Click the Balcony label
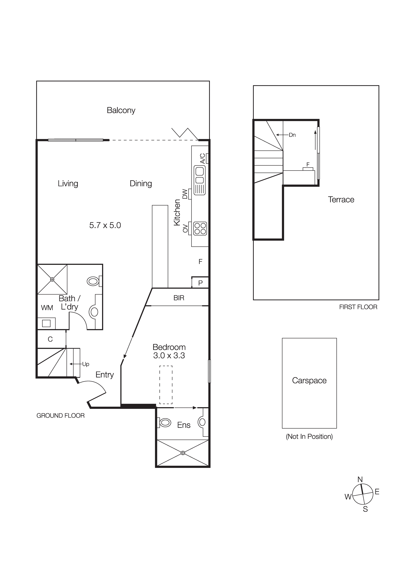tap(121, 110)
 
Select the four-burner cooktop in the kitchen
tap(200, 229)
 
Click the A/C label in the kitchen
tap(202, 159)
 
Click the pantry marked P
tap(200, 283)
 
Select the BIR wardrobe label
tap(179, 298)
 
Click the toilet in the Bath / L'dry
tap(93, 281)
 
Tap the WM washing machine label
tap(47, 308)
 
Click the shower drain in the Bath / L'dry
tap(52, 279)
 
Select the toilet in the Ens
tap(165, 423)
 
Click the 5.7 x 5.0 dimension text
tap(105, 225)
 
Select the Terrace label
tap(341, 199)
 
